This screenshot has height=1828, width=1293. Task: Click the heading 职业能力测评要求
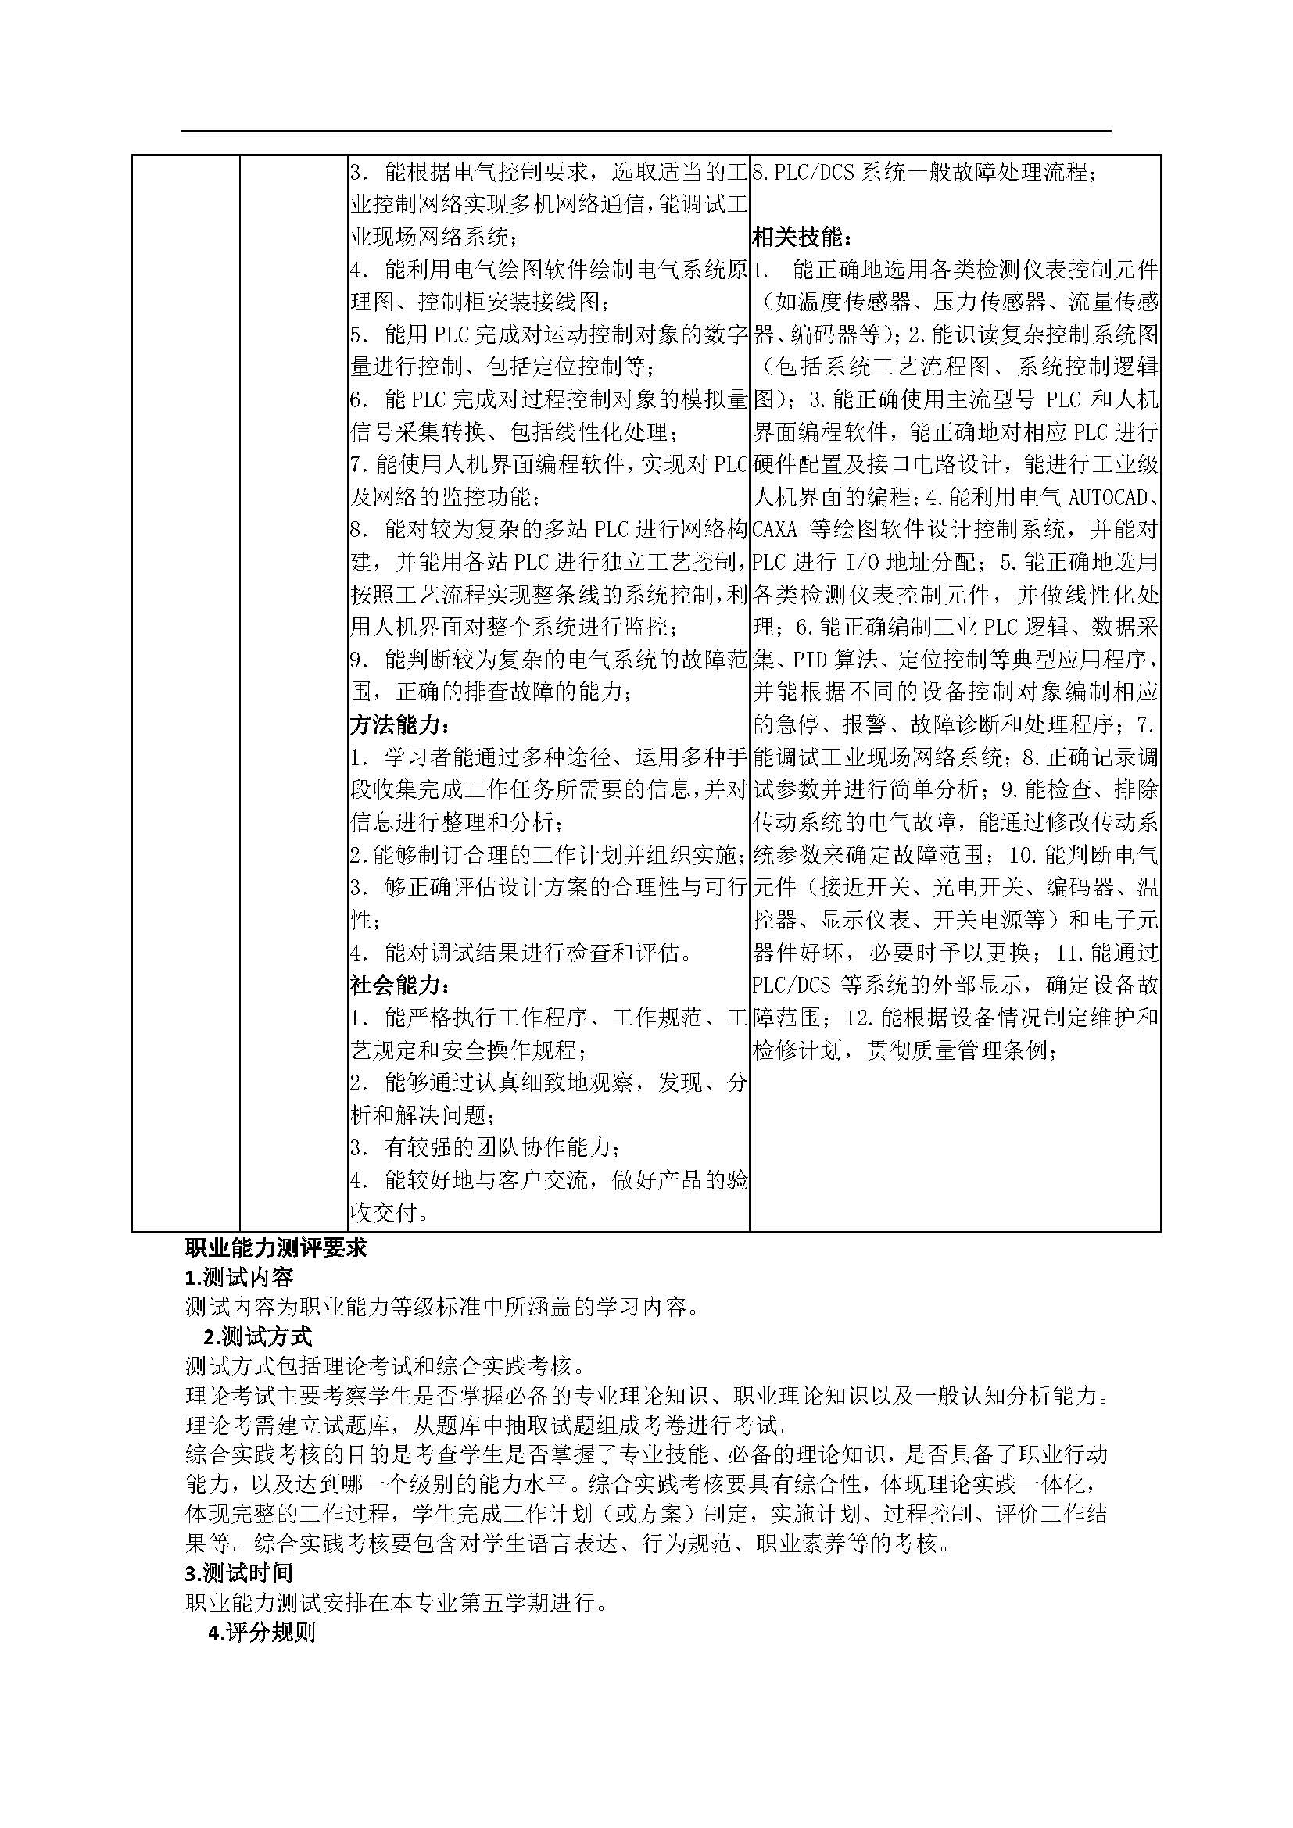click(x=275, y=1247)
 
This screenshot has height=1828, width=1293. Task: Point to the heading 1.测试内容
click(x=239, y=1277)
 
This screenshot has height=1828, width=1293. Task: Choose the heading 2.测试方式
click(x=258, y=1335)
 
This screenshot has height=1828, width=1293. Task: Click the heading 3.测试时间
click(x=239, y=1572)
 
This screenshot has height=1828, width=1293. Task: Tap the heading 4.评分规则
click(x=261, y=1632)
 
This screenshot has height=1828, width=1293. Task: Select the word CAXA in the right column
click(x=775, y=529)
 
